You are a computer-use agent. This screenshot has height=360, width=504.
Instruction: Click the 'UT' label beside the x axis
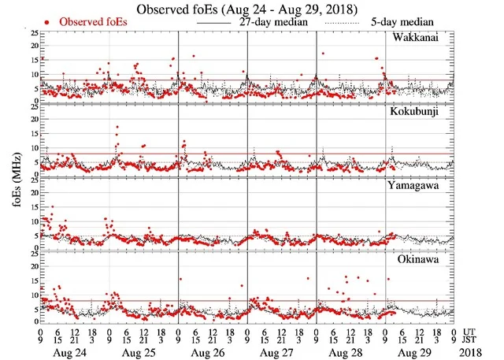tap(469, 332)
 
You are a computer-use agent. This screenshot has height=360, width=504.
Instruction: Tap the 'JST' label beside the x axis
tap(471, 340)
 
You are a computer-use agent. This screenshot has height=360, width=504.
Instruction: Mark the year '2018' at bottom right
tap(471, 352)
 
